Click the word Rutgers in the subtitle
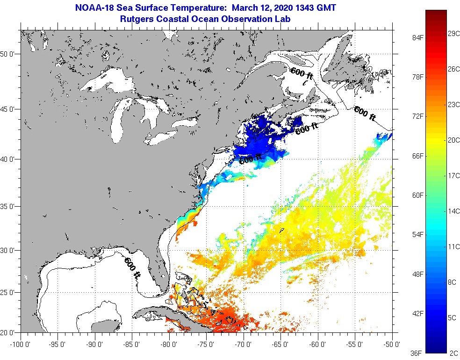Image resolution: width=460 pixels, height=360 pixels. [x=135, y=19]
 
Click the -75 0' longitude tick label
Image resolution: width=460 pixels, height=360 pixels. [x=206, y=345]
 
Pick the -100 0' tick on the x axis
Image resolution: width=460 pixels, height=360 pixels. [x=21, y=345]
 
